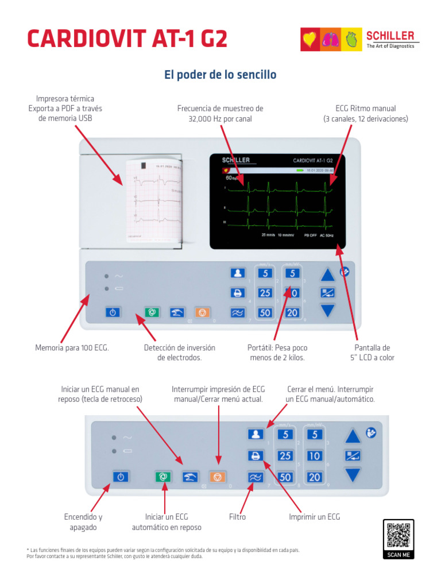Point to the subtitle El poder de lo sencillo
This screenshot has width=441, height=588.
(220, 75)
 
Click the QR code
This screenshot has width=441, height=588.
(398, 535)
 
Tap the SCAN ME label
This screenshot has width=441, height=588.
(398, 555)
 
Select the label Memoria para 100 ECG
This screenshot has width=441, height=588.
(72, 348)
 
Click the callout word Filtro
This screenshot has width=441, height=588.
(237, 517)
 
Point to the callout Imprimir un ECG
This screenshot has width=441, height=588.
(314, 517)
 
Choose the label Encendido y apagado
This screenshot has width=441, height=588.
(83, 522)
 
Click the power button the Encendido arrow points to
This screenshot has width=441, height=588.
(119, 477)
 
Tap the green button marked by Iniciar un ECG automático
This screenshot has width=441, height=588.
(163, 477)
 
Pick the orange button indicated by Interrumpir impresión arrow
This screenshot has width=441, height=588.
(217, 477)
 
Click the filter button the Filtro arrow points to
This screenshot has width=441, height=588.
(255, 477)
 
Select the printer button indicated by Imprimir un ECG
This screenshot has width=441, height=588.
(255, 455)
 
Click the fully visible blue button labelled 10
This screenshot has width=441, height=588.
(314, 456)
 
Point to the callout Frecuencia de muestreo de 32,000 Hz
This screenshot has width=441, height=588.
(220, 113)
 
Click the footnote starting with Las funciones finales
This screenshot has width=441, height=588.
(163, 553)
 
